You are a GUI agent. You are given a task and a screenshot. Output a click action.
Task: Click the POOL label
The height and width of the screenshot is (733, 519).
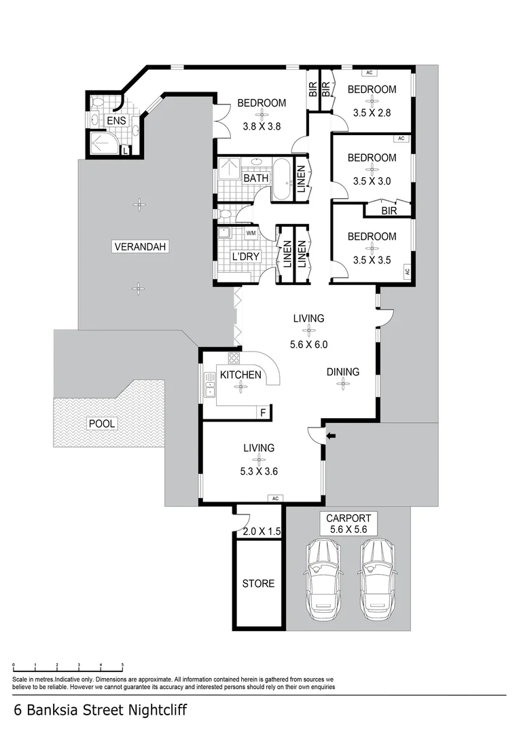pos(102,424)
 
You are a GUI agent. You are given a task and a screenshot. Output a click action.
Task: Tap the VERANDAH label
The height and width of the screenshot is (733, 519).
pos(140,246)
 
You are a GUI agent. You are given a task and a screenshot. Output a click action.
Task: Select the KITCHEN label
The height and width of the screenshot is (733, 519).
pos(240,375)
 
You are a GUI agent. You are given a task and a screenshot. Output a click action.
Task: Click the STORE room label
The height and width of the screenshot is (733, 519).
pos(258,584)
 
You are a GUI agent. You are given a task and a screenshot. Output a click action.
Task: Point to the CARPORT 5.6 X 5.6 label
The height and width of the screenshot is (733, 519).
pos(348,523)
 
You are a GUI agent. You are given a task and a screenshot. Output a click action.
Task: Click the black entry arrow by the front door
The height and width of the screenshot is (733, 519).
pos(331,436)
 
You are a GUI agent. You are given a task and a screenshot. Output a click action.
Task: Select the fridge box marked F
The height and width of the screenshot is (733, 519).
pos(264,413)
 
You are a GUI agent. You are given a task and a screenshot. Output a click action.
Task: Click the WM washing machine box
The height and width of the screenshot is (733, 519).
pos(251,232)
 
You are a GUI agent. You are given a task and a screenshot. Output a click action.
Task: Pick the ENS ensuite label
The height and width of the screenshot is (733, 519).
pos(116,121)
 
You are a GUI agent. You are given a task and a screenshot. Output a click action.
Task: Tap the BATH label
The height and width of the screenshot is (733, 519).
pos(256,178)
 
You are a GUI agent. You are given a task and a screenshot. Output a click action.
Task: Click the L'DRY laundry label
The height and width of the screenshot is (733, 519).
pos(246,257)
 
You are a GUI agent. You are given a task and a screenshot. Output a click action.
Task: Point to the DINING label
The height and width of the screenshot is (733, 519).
pos(343,372)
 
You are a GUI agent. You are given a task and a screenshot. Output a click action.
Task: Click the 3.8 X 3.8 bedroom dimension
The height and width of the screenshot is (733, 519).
pos(262,126)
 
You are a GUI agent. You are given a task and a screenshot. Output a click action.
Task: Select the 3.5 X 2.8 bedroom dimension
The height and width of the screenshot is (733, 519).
pos(372,113)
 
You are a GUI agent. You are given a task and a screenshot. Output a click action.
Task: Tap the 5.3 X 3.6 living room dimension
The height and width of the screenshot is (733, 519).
pos(259,471)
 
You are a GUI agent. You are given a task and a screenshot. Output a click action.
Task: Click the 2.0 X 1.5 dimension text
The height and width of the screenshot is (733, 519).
pos(262,531)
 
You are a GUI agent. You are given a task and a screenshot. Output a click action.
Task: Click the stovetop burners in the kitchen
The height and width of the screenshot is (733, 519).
pos(234,358)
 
